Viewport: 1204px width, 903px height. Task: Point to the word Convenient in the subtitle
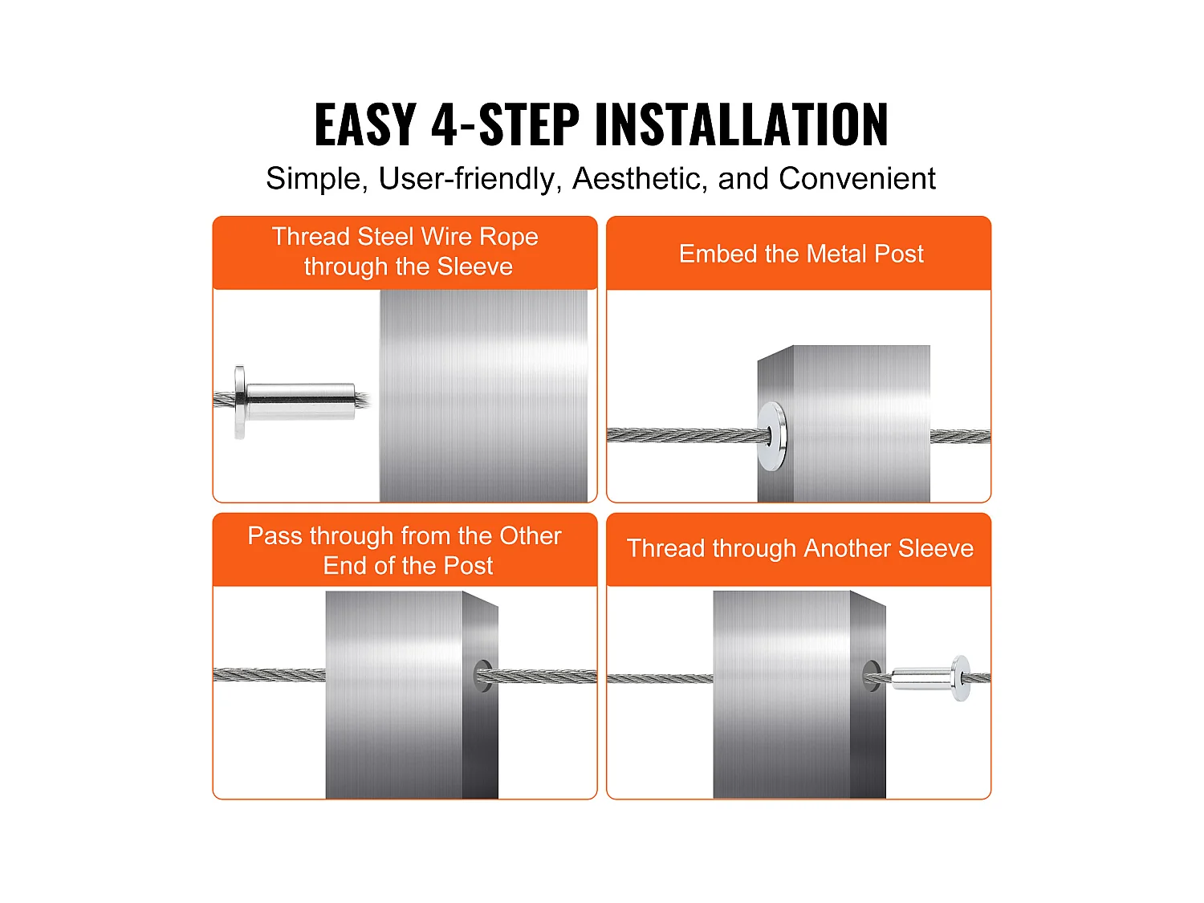[856, 179]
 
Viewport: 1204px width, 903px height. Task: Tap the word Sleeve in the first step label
[475, 266]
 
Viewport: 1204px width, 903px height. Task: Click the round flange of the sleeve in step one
[240, 402]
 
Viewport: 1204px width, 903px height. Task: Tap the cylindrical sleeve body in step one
[300, 401]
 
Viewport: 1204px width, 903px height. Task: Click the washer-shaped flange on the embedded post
[773, 436]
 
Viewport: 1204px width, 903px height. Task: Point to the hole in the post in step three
[482, 676]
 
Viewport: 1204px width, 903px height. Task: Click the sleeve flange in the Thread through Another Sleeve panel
[961, 678]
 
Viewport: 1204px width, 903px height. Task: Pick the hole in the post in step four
[872, 676]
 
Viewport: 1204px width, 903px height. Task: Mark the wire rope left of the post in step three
[270, 676]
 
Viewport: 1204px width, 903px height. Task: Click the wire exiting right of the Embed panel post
[960, 437]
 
